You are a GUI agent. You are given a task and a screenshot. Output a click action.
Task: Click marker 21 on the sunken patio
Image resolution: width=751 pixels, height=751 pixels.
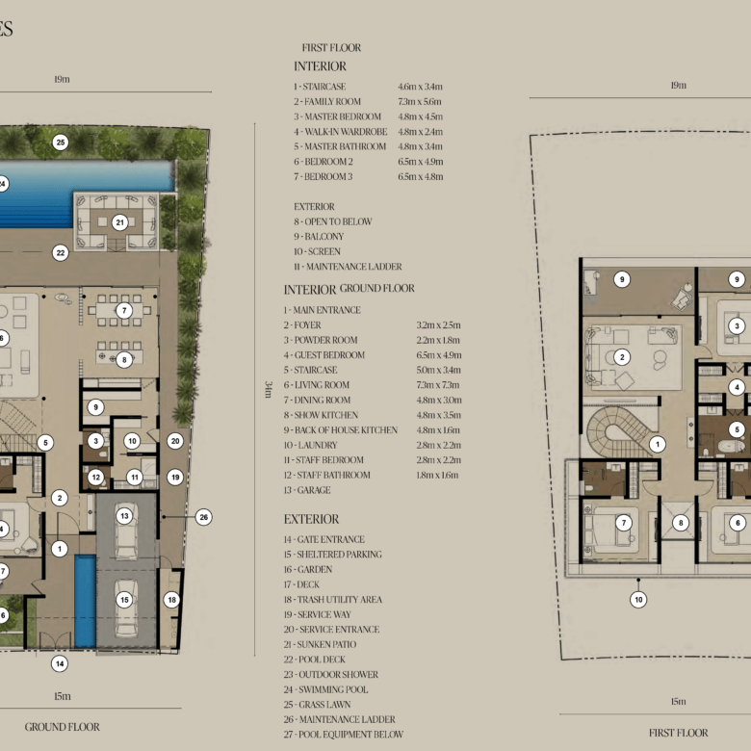[119, 222]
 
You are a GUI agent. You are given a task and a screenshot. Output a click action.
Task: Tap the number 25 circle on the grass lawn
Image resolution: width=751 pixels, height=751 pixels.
[61, 142]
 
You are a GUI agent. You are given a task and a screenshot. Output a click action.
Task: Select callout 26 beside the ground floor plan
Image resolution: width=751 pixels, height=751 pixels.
[203, 517]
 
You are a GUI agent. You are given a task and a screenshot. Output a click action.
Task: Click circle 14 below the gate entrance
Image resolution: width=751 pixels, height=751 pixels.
[60, 663]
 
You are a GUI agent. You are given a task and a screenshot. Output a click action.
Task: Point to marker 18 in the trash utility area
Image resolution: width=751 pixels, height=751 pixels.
[171, 600]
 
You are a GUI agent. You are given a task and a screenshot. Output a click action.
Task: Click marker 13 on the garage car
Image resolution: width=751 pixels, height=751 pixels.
[124, 516]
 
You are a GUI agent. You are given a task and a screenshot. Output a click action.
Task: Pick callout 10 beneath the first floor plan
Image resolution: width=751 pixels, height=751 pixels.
[638, 600]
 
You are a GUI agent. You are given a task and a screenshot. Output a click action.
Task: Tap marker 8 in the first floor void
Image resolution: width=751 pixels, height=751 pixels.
[681, 523]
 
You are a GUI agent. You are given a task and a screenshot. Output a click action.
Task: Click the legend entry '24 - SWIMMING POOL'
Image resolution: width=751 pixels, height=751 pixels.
[325, 689]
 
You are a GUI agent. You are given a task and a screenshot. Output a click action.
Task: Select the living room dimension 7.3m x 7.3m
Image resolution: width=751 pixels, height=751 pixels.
[438, 385]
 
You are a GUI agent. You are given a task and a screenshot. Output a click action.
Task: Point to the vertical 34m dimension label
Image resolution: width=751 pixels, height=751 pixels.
[268, 389]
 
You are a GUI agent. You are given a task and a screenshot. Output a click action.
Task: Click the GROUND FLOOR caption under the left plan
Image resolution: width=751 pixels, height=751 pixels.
[63, 727]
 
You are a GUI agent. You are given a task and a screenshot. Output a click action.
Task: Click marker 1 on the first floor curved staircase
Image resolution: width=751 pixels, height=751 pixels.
[657, 445]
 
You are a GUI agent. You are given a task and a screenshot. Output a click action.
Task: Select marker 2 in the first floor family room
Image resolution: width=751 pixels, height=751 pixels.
[622, 357]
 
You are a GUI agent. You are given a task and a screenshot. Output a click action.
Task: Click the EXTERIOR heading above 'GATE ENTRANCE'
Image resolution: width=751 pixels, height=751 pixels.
[311, 519]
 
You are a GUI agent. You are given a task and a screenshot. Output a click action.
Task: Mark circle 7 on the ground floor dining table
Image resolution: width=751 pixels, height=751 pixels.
[124, 311]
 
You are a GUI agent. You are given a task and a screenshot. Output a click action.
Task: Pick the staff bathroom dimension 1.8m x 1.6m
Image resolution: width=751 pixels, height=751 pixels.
[437, 475]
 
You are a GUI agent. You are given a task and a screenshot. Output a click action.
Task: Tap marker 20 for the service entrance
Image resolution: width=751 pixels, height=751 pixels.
[175, 441]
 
